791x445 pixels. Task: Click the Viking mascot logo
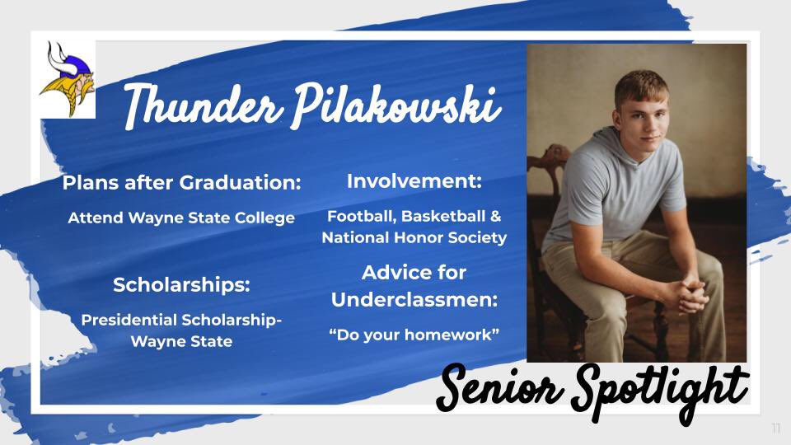(67, 79)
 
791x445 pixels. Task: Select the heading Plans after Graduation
(181, 183)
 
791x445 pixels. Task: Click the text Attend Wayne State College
(181, 218)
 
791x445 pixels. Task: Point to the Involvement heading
(414, 180)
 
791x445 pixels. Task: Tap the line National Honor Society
(414, 238)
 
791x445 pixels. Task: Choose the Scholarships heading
(181, 285)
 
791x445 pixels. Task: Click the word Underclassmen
(414, 300)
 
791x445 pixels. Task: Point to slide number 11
(775, 429)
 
